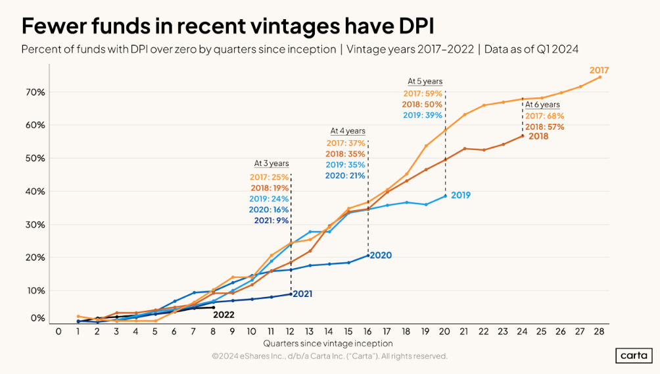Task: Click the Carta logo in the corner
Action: [x=634, y=355]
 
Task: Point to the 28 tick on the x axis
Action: [x=599, y=331]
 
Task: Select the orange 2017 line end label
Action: [x=599, y=70]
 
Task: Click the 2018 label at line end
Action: [x=538, y=136]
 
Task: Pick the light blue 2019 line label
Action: [x=460, y=196]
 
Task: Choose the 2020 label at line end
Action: [x=381, y=255]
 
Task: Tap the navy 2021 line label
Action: [x=302, y=294]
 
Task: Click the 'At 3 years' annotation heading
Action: [x=271, y=163]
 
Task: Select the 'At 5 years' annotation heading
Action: [x=425, y=82]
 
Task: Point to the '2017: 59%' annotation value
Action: [x=424, y=93]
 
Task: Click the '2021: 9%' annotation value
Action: [x=271, y=221]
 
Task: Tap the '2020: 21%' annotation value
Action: [x=344, y=175]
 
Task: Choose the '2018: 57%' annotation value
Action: [x=544, y=126]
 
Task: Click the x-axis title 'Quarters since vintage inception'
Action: [x=328, y=344]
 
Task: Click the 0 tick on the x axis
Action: [x=59, y=331]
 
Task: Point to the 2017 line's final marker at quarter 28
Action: [x=600, y=77]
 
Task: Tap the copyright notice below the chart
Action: [x=329, y=356]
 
